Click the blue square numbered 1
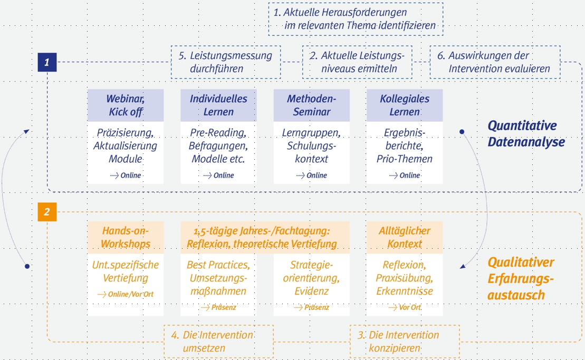coord(47,62)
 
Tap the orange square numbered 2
coord(47,212)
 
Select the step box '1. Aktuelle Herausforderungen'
coord(356,19)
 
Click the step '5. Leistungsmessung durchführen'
coord(226,62)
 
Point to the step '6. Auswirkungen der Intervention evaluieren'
coord(495,62)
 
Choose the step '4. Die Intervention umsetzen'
coord(218,342)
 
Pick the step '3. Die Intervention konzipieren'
coord(405,342)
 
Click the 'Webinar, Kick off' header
coord(126,105)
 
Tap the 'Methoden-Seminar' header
coord(312,105)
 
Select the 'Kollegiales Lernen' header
coord(405,105)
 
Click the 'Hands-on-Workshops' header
coord(126,237)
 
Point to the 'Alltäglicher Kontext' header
coord(405,237)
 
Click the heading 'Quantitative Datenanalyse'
coord(526,134)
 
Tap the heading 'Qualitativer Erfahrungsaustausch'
coord(521,279)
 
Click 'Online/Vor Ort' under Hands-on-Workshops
coord(131,295)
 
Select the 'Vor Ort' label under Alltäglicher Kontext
coord(410,307)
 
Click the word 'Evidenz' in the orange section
coord(312,291)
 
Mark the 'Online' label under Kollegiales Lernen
coord(410,176)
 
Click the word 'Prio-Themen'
coord(405,159)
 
